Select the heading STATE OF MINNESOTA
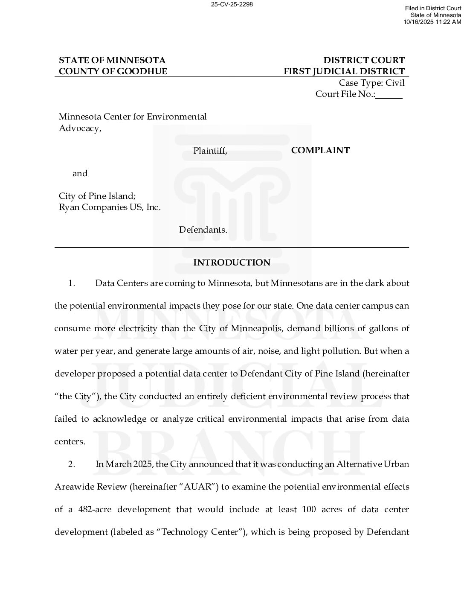[112, 60]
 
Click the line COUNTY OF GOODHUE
[113, 71]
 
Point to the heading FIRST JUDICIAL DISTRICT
[344, 71]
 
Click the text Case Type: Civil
[371, 83]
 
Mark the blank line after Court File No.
[389, 95]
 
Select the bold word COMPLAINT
[320, 150]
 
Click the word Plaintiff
[210, 151]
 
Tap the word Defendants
[203, 230]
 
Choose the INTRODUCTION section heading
[232, 263]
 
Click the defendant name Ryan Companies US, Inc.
[110, 207]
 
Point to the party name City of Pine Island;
[97, 196]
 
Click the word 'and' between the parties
[80, 173]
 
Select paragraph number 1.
[72, 283]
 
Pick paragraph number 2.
[72, 464]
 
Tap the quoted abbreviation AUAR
[198, 487]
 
